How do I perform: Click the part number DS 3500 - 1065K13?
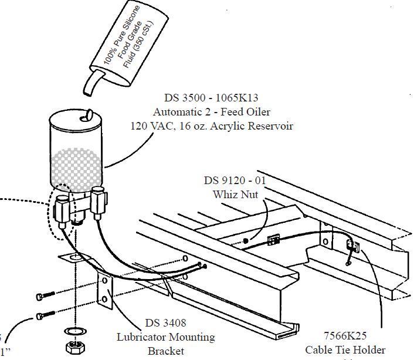click(212, 99)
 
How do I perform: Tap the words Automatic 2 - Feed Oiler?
click(212, 112)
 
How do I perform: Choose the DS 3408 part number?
click(165, 324)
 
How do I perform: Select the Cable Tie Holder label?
click(345, 350)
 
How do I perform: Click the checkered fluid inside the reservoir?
click(76, 167)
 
